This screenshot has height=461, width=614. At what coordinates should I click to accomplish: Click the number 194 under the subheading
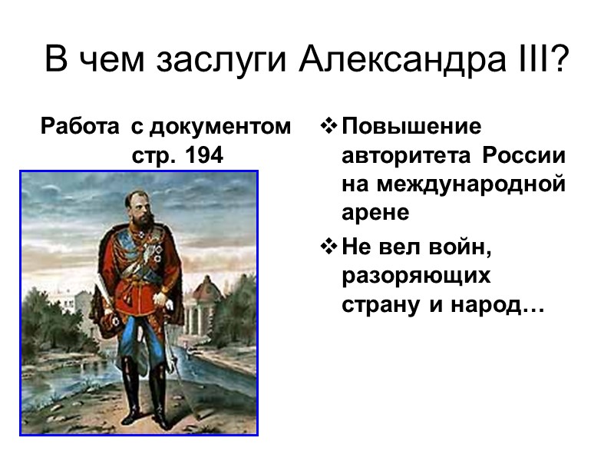click(x=201, y=155)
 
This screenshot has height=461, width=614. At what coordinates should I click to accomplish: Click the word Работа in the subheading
click(x=80, y=126)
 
